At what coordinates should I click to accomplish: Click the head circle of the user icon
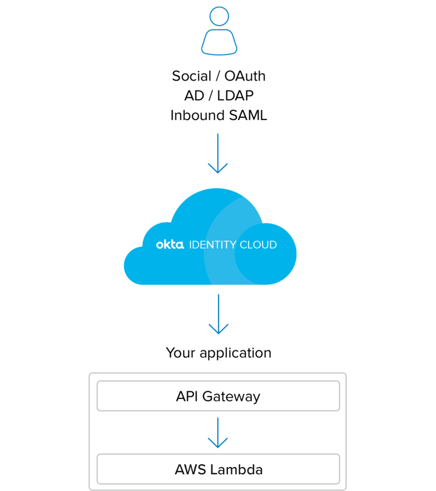tap(219, 16)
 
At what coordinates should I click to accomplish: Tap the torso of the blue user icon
tap(219, 43)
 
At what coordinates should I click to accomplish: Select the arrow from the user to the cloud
tap(218, 153)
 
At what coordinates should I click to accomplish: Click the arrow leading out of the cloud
tap(219, 313)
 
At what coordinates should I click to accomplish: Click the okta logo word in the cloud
tap(170, 244)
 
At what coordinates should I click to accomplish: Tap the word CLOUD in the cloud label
tap(258, 245)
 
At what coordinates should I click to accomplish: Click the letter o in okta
tap(159, 245)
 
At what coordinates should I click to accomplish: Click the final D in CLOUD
tap(273, 245)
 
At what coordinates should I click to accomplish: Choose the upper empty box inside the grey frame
tap(218, 395)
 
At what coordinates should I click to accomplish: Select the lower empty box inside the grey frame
tap(218, 469)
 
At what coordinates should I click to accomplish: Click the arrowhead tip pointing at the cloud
tap(218, 173)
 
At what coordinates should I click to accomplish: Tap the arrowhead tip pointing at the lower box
tap(218, 447)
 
